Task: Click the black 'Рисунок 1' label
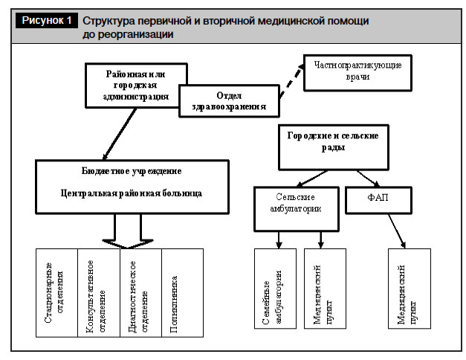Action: (x=47, y=20)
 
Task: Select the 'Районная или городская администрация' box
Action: (x=136, y=86)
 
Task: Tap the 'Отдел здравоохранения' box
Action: (x=229, y=101)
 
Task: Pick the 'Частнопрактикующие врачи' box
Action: (x=357, y=73)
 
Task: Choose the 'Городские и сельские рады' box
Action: (x=334, y=147)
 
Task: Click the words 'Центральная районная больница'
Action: (x=132, y=193)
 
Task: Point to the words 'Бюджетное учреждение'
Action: (x=132, y=171)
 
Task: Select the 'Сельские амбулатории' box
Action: (x=297, y=209)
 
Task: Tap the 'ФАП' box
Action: (x=378, y=200)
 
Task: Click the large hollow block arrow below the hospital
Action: (x=128, y=231)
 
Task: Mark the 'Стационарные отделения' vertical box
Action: (x=56, y=293)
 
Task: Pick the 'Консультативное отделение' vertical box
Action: (x=99, y=293)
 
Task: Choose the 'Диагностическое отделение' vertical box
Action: (x=141, y=293)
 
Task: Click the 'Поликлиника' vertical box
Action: (x=183, y=293)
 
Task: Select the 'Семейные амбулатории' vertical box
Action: (x=275, y=289)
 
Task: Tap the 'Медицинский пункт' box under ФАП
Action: (x=410, y=289)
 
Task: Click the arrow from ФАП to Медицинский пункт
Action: (x=397, y=231)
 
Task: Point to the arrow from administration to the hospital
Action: (x=120, y=134)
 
